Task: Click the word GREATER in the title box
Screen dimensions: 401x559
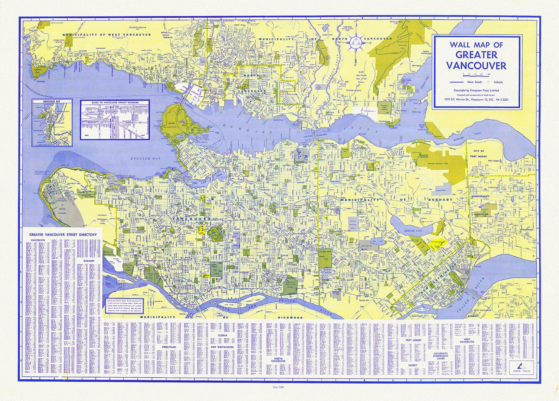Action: click(x=476, y=55)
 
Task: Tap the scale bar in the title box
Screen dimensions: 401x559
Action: click(x=476, y=74)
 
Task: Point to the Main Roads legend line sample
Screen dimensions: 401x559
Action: click(x=457, y=82)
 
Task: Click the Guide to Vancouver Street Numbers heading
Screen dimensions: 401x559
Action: click(x=115, y=102)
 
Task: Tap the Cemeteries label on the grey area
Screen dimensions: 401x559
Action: click(x=440, y=190)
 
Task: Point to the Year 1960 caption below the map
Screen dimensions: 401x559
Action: click(x=279, y=386)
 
